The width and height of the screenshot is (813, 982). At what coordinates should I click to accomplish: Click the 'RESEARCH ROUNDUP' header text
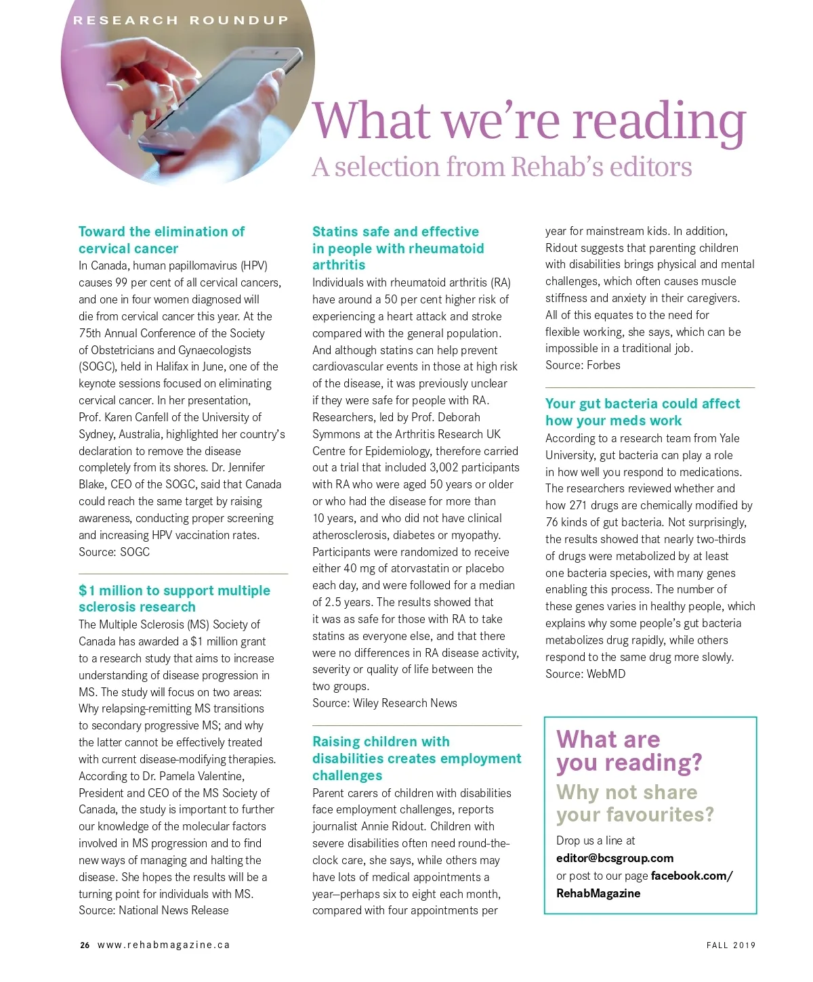pos(181,20)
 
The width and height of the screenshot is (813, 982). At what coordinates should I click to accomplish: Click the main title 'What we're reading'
pos(528,121)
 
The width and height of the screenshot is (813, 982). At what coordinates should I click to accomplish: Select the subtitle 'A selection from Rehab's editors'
pos(501,167)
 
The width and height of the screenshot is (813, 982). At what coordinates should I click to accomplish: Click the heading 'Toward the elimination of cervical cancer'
pos(161,240)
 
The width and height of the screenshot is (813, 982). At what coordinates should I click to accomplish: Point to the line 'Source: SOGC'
pos(114,552)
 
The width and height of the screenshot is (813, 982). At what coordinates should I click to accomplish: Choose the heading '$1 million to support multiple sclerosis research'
pos(174,599)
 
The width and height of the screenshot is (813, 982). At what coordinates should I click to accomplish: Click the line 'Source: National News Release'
pos(154,910)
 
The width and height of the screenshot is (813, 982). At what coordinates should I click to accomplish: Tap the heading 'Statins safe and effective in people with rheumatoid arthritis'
pos(398,248)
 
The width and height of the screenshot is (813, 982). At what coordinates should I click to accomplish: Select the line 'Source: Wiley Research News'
pos(384,703)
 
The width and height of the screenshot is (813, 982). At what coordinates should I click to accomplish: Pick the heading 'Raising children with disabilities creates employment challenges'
pos(416,759)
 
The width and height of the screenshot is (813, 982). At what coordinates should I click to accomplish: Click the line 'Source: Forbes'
pos(583,365)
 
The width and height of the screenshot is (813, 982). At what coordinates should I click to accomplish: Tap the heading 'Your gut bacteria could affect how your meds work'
pos(642,412)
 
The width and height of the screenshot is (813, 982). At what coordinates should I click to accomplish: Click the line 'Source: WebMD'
pos(585,674)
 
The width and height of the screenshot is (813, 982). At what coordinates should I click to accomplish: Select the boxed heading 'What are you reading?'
pos(629,750)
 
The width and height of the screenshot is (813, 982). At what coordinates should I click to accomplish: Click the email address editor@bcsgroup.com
pos(614,858)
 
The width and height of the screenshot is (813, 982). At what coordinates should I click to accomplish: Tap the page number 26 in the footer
pos(85,945)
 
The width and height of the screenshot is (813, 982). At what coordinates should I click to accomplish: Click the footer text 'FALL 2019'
pos(730,945)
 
